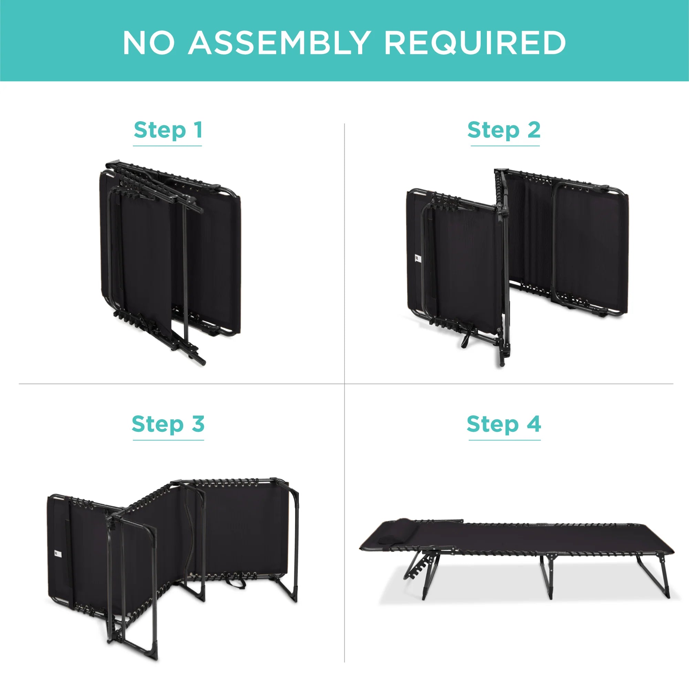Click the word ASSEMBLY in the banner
pyautogui.click(x=279, y=42)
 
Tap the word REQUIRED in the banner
pyautogui.click(x=475, y=43)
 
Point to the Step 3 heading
pyautogui.click(x=168, y=424)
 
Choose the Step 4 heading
pyautogui.click(x=504, y=424)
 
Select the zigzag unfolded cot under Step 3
pyautogui.click(x=173, y=567)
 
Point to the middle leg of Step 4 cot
pyautogui.click(x=546, y=576)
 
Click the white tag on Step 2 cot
pyautogui.click(x=418, y=258)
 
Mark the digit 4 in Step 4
pyautogui.click(x=534, y=424)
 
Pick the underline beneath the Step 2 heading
pyautogui.click(x=505, y=146)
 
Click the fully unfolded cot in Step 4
pyautogui.click(x=517, y=558)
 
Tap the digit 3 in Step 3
pyautogui.click(x=198, y=424)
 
